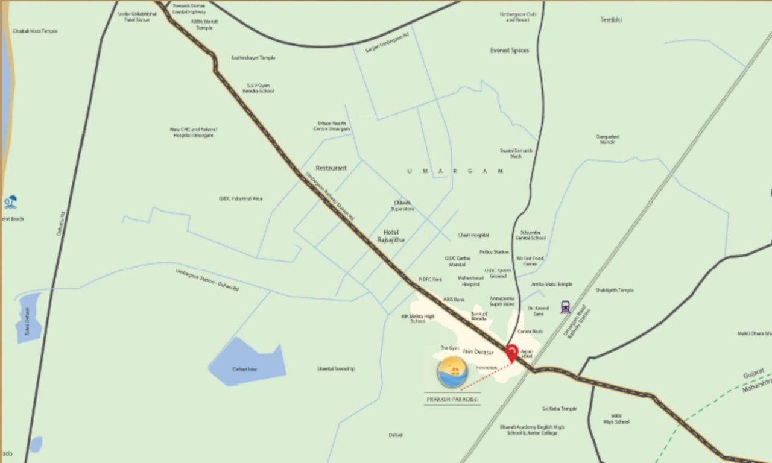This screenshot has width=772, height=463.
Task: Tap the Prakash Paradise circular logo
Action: (453, 372)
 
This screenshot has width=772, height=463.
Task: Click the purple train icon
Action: (565, 307)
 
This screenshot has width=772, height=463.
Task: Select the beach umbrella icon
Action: (10, 202)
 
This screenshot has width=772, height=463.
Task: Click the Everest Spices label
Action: (510, 51)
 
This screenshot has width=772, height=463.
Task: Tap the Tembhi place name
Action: (611, 20)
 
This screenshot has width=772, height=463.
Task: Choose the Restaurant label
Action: (331, 168)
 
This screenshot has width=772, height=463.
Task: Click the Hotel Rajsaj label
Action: (391, 236)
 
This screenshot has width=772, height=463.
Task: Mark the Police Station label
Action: (494, 252)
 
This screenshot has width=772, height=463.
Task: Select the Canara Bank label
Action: (530, 332)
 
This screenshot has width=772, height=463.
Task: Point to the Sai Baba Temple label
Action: (559, 409)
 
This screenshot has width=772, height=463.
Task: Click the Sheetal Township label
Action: (336, 369)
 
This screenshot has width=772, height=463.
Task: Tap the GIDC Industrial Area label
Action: (241, 198)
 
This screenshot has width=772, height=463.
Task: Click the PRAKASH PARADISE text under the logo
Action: (452, 398)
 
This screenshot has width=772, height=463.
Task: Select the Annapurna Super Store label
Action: (502, 301)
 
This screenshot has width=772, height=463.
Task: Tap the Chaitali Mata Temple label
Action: (35, 31)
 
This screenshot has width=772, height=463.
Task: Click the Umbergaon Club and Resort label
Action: (517, 17)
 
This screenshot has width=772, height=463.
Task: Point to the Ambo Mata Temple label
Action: (551, 284)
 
